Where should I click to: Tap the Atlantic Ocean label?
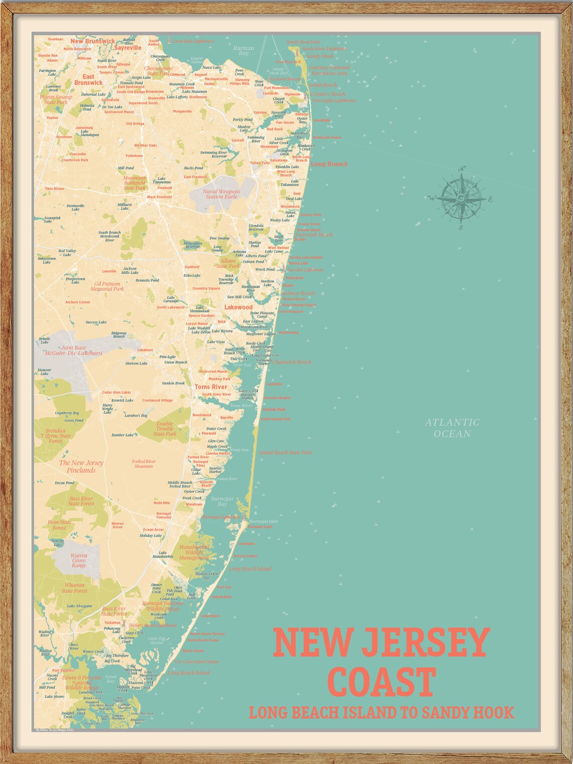(x=452, y=428)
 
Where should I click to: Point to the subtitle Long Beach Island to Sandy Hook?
(x=381, y=712)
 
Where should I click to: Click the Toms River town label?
(x=211, y=387)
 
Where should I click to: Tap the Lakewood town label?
(x=238, y=307)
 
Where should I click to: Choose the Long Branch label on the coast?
(x=329, y=164)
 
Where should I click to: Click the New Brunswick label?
(x=92, y=41)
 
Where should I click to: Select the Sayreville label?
(x=128, y=48)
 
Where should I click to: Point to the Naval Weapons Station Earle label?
(x=222, y=194)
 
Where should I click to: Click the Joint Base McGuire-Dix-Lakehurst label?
(x=81, y=350)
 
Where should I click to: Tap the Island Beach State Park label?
(x=285, y=452)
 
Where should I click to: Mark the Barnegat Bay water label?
(x=222, y=501)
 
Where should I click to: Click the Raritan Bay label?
(x=244, y=50)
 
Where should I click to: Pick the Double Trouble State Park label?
(x=164, y=429)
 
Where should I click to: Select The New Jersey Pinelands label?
(x=81, y=466)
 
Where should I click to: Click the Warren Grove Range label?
(x=79, y=560)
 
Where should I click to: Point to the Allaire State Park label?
(x=228, y=263)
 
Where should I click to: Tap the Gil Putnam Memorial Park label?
(x=107, y=286)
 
